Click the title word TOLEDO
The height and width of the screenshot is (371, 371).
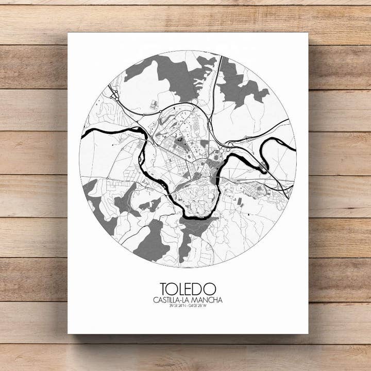(188, 289)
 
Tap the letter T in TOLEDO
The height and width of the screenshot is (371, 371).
(164, 289)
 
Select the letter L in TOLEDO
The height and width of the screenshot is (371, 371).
(183, 289)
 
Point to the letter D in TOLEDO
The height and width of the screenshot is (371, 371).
(199, 289)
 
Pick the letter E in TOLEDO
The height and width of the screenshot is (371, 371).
(191, 289)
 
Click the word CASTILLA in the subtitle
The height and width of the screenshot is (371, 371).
(169, 300)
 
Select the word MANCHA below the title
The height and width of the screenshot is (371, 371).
(209, 300)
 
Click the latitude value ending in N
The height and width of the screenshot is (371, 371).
(176, 306)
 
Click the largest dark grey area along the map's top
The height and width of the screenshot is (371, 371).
(167, 72)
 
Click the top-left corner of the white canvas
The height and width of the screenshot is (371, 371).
(68, 33)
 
